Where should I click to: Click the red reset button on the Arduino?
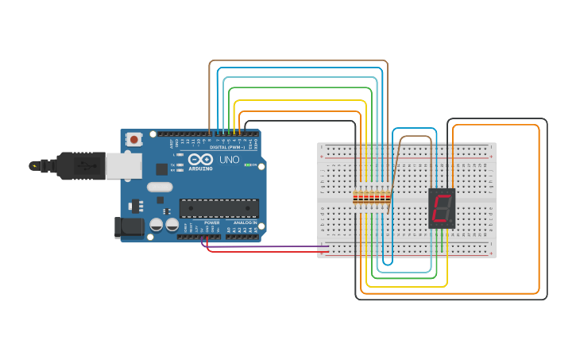tap(133, 140)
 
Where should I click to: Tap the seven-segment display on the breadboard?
tap(441, 208)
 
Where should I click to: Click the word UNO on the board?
tap(229, 160)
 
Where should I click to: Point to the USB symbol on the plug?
tap(83, 166)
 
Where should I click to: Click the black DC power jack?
tap(129, 227)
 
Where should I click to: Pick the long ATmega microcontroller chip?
tap(218, 208)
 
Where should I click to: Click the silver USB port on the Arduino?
tap(124, 166)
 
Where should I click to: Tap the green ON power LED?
tap(247, 165)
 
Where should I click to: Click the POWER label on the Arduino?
tap(211, 223)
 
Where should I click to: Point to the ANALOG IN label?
tap(244, 223)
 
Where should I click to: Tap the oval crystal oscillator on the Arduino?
tap(160, 188)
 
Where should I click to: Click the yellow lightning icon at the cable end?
tap(33, 166)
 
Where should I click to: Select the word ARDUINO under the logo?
tap(200, 168)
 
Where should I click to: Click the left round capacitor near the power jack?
tap(157, 226)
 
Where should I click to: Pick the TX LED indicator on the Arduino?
tap(180, 165)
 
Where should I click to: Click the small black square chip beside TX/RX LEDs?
tap(162, 168)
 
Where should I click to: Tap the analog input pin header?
tap(242, 236)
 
